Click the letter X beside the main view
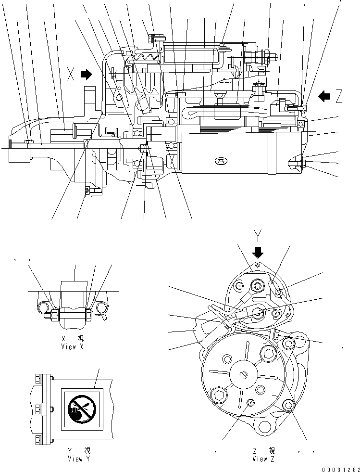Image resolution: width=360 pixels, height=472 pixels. (x=71, y=75)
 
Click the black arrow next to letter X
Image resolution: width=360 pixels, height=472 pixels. (x=87, y=74)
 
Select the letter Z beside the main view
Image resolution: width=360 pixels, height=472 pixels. (x=339, y=97)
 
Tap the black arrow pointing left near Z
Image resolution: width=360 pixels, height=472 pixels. (x=325, y=96)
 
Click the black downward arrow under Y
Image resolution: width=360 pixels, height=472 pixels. (x=258, y=252)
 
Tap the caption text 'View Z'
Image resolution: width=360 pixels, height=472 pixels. (x=263, y=459)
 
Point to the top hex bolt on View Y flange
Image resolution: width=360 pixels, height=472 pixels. (x=38, y=380)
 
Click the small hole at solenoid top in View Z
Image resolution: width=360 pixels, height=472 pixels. (x=258, y=265)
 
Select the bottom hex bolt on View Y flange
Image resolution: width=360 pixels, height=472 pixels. (x=38, y=438)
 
